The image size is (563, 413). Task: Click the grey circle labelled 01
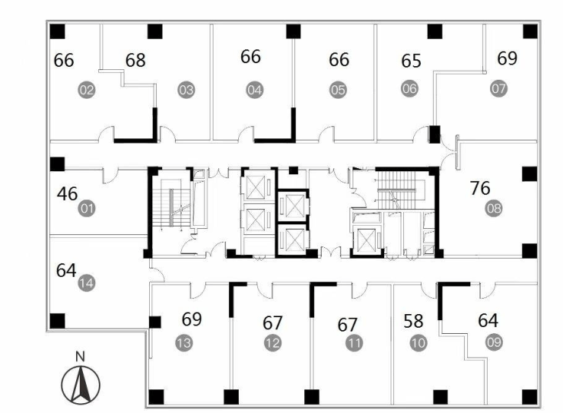click(x=87, y=208)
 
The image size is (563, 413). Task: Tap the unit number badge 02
click(x=87, y=90)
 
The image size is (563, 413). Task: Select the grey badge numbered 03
click(x=186, y=90)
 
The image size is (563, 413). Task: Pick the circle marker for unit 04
click(x=255, y=90)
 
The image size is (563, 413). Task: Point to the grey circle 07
click(x=499, y=88)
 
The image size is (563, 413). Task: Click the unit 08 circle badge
click(x=494, y=208)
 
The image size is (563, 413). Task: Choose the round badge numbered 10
click(x=418, y=343)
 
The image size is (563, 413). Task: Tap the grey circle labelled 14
click(x=87, y=283)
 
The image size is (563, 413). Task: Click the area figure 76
click(x=480, y=188)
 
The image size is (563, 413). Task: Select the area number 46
click(x=67, y=194)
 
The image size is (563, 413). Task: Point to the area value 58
click(x=414, y=321)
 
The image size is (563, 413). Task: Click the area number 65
click(x=411, y=61)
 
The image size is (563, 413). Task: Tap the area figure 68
click(x=135, y=60)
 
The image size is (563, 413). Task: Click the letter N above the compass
click(x=81, y=357)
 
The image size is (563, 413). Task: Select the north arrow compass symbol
click(x=81, y=385)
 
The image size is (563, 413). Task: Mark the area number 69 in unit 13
click(x=192, y=319)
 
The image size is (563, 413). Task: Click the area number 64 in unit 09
click(x=488, y=320)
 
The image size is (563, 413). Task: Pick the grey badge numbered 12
click(x=272, y=343)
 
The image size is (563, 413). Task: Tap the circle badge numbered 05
click(x=339, y=90)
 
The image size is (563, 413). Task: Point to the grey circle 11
click(x=355, y=343)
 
